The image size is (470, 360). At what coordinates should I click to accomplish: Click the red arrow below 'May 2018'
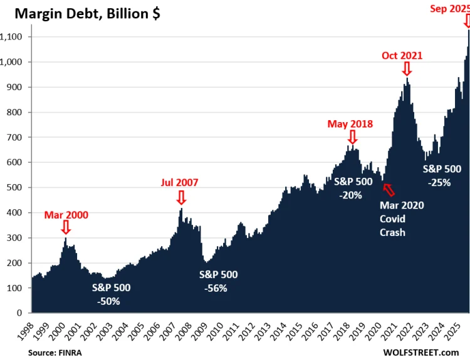pyautogui.click(x=352, y=136)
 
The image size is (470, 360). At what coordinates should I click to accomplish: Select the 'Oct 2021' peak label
pyautogui.click(x=402, y=55)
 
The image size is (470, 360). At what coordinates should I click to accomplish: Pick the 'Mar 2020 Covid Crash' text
pyautogui.click(x=401, y=219)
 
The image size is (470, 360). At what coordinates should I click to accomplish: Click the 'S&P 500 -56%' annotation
pyautogui.click(x=218, y=281)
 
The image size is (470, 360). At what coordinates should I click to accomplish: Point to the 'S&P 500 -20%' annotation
pyautogui.click(x=353, y=188)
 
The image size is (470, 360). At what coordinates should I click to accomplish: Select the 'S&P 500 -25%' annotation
pyautogui.click(x=442, y=175)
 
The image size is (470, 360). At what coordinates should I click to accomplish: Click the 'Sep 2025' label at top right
pyautogui.click(x=449, y=8)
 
